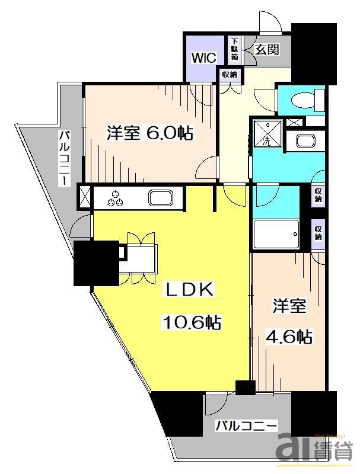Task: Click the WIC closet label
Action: [x=202, y=57]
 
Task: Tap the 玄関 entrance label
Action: [x=267, y=50]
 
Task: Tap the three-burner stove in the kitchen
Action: [x=116, y=197]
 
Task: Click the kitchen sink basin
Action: [x=160, y=197]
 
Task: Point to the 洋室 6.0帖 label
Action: [x=149, y=133]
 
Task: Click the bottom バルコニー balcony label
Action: [x=246, y=425]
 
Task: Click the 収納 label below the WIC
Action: [x=230, y=75]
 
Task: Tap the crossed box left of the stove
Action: [x=85, y=196]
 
